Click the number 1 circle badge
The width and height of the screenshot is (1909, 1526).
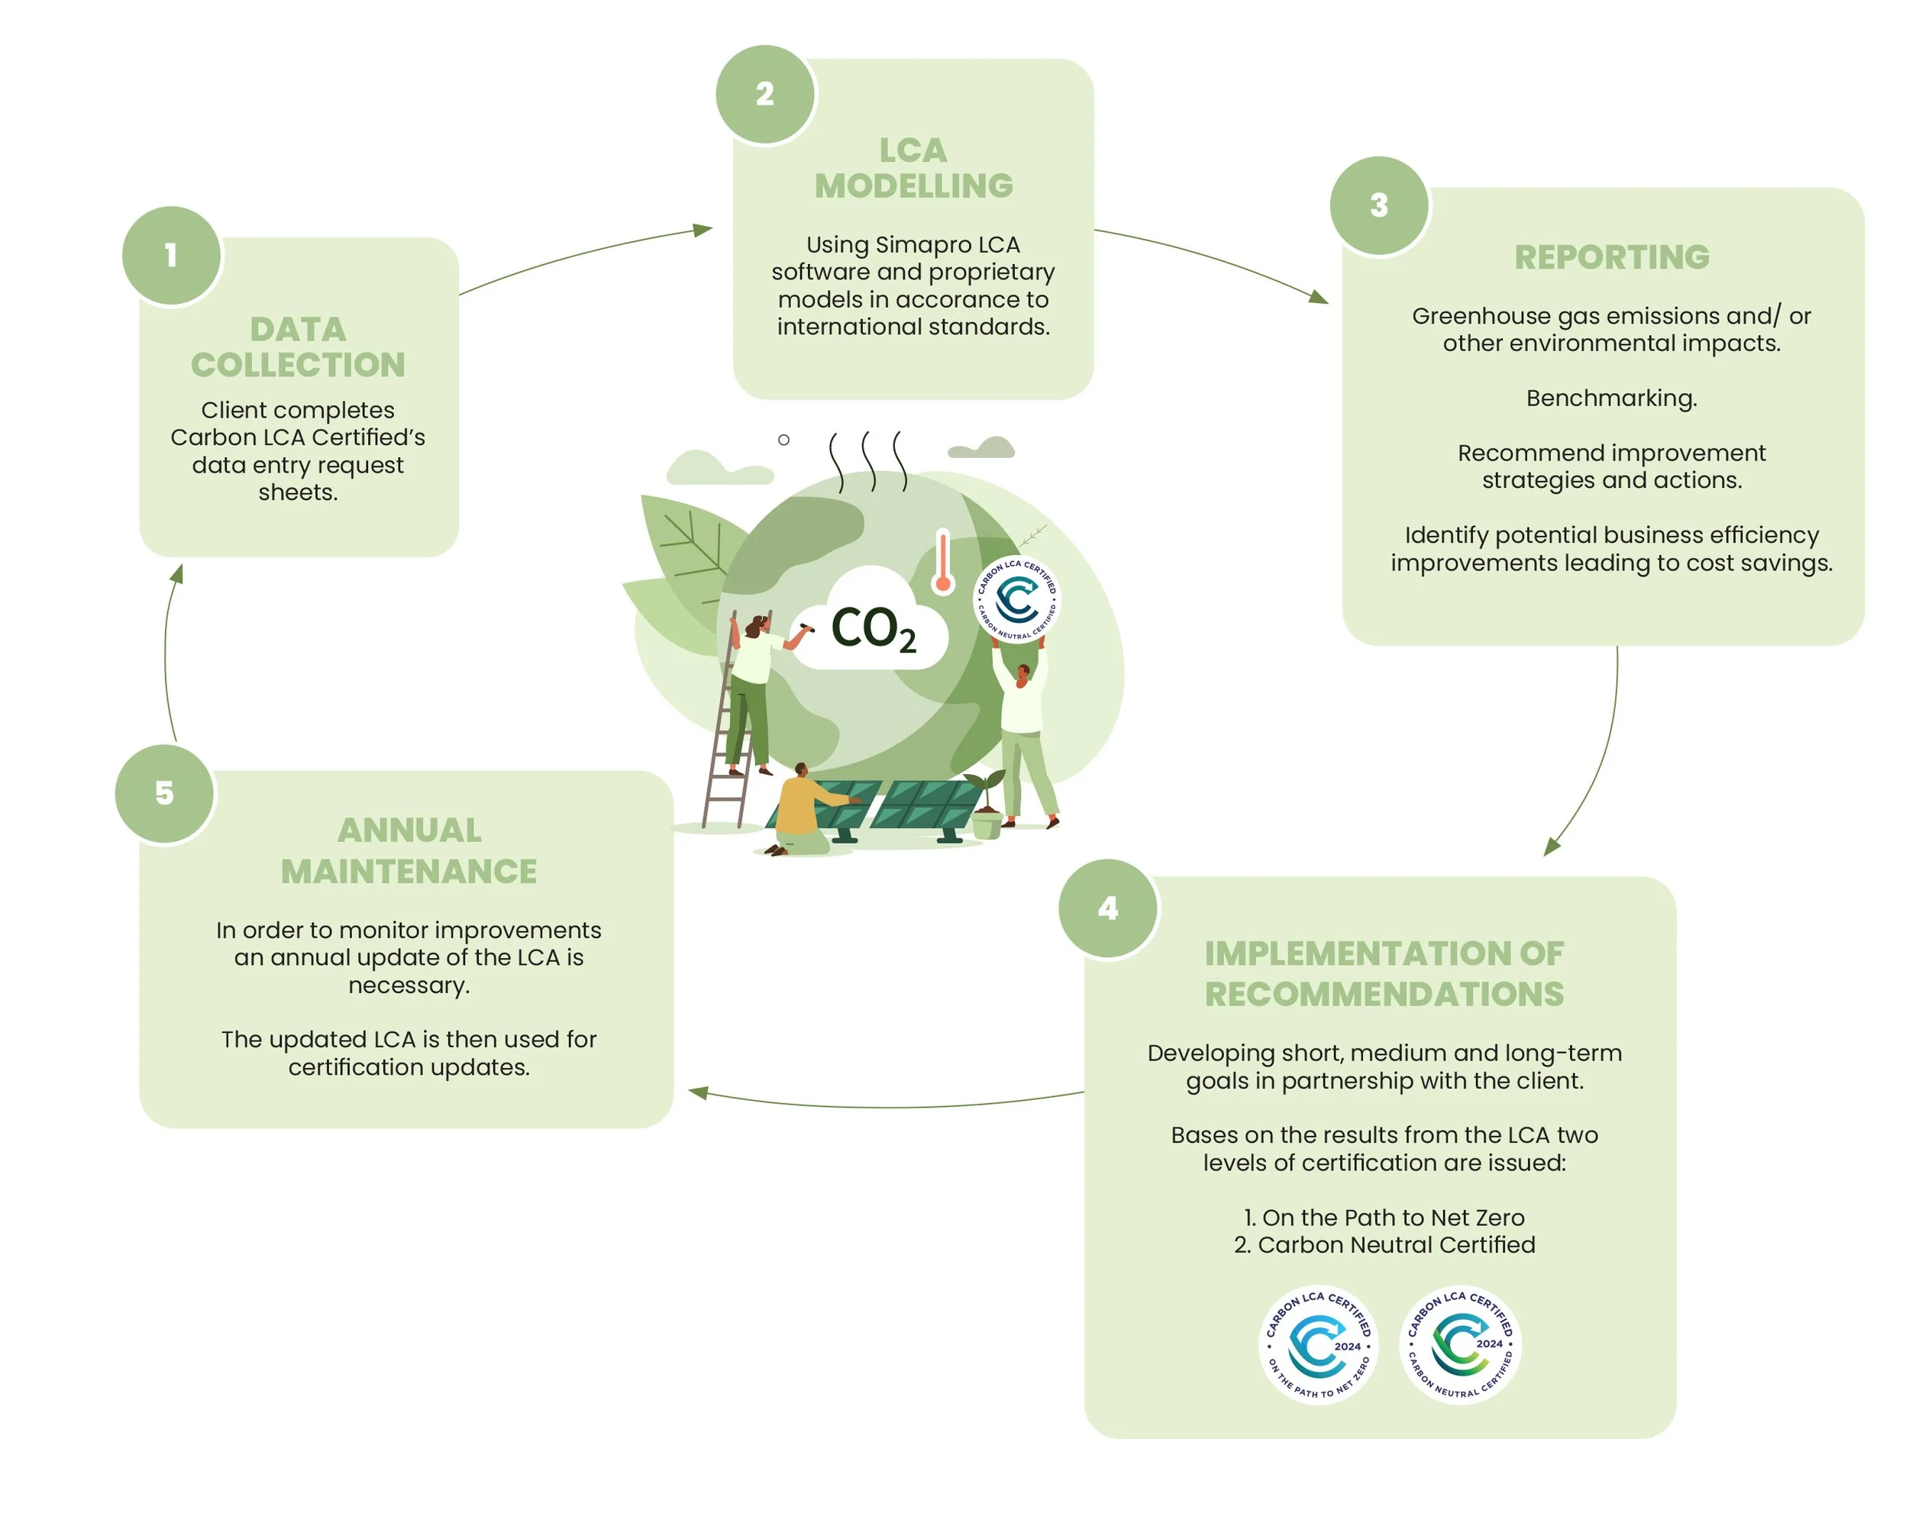point(172,256)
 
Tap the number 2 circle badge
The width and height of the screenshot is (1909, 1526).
point(765,94)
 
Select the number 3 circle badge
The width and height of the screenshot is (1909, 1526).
point(1378,205)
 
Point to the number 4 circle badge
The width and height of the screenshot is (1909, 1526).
point(1108,908)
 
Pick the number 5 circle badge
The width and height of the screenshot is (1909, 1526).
point(165,793)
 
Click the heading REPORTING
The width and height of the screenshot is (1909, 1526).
point(1611,257)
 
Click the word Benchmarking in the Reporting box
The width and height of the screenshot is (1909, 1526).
point(1611,398)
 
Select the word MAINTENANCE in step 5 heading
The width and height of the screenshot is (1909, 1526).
point(409,872)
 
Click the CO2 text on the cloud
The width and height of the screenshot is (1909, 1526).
point(872,628)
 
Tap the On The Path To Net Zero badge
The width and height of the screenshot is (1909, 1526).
point(1319,1344)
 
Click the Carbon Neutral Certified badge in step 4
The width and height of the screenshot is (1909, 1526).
point(1461,1344)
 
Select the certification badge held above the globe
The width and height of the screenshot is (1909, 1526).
point(1017,599)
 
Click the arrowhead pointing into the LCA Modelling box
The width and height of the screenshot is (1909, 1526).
point(704,230)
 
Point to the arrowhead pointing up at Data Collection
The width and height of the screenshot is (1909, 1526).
point(177,573)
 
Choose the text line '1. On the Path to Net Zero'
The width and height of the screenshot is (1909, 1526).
point(1385,1217)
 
